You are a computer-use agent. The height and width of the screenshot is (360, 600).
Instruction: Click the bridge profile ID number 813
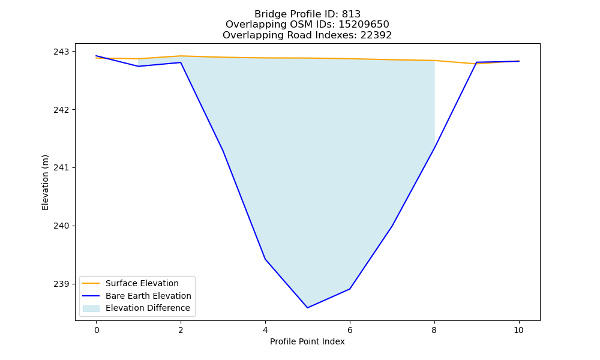click(351, 14)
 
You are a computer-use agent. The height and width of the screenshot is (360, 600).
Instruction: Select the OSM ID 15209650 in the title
click(364, 25)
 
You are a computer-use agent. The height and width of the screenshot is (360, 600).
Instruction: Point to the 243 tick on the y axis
click(59, 52)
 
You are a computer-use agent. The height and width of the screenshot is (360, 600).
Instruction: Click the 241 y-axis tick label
click(59, 168)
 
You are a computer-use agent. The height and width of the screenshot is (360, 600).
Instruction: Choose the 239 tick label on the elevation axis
click(59, 284)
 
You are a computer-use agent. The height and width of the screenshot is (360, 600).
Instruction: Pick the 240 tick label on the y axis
click(59, 226)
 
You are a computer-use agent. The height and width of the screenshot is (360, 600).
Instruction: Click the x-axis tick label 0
click(97, 330)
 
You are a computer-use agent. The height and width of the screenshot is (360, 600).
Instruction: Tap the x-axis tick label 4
click(265, 330)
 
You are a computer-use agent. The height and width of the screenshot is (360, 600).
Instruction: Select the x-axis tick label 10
click(518, 330)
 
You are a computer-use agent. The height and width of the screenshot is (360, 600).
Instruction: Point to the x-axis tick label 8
click(434, 330)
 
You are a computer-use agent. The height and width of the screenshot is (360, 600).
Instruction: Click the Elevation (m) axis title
click(45, 182)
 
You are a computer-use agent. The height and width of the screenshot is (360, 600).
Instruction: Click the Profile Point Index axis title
click(307, 341)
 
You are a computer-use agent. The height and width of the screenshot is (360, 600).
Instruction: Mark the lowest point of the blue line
click(307, 308)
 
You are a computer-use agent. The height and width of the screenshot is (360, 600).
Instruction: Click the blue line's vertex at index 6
click(350, 289)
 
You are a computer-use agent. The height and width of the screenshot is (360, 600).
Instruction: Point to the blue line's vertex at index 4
click(265, 259)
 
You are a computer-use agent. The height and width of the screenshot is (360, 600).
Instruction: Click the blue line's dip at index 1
click(139, 66)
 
